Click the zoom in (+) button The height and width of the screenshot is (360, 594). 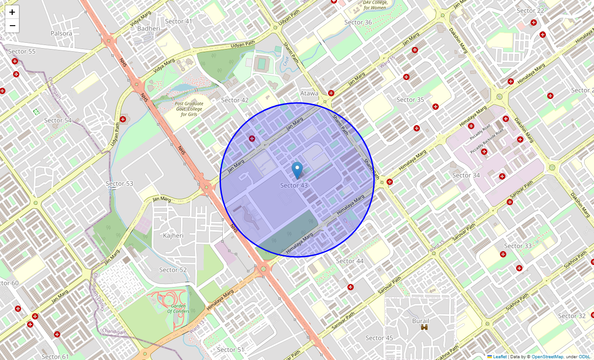pyautogui.click(x=12, y=12)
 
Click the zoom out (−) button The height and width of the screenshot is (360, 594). pyautogui.click(x=12, y=26)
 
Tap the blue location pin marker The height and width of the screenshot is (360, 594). pyautogui.click(x=297, y=170)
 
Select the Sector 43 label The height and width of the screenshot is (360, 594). pyautogui.click(x=294, y=185)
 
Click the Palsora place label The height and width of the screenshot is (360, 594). pyautogui.click(x=61, y=33)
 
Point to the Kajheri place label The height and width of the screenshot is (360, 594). pyautogui.click(x=173, y=235)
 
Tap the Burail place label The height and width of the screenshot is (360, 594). pyautogui.click(x=421, y=321)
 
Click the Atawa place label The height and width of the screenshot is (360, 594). pyautogui.click(x=309, y=94)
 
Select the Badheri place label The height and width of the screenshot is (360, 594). pyautogui.click(x=148, y=28)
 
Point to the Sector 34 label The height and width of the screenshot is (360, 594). pyautogui.click(x=466, y=175)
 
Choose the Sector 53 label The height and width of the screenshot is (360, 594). pyautogui.click(x=119, y=184)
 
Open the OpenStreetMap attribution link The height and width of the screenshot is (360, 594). pyautogui.click(x=547, y=356)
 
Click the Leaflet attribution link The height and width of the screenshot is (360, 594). pyautogui.click(x=499, y=356)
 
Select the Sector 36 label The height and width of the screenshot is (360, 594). pyautogui.click(x=358, y=22)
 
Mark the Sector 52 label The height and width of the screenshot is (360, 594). pyautogui.click(x=173, y=270)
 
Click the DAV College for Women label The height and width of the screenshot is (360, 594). pyautogui.click(x=375, y=5)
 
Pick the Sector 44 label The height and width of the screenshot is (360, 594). pyautogui.click(x=350, y=261)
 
